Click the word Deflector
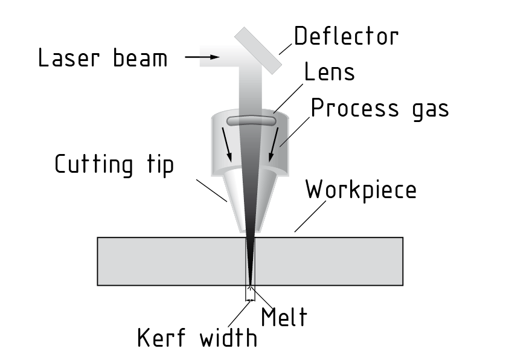tap(346, 36)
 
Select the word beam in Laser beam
tap(140, 59)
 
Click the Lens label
tap(329, 72)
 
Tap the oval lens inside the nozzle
tap(251, 121)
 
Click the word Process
tap(354, 109)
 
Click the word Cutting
tap(93, 164)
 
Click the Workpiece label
tap(360, 190)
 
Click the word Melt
tap(283, 317)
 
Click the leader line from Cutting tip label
tap(213, 189)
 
